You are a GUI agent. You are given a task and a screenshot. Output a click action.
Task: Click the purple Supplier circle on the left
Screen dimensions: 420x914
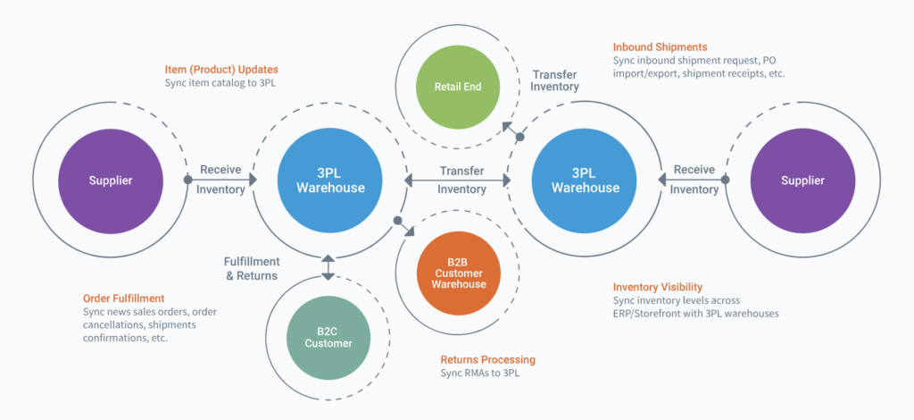(110, 181)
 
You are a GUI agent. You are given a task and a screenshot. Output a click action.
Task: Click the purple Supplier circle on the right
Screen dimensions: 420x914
(802, 181)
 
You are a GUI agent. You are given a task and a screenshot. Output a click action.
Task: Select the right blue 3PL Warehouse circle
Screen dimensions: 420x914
(585, 181)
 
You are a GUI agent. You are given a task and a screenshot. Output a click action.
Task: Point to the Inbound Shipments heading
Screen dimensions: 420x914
(660, 46)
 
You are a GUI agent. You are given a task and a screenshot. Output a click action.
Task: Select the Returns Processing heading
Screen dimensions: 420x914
(487, 359)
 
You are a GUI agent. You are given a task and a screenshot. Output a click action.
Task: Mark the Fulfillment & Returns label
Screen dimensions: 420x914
(252, 268)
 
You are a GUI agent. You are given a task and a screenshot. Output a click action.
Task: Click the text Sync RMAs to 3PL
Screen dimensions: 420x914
(480, 374)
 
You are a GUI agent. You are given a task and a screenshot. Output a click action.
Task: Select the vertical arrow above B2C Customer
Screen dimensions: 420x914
(328, 266)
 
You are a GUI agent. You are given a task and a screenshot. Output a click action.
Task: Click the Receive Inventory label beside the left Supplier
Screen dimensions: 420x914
(220, 180)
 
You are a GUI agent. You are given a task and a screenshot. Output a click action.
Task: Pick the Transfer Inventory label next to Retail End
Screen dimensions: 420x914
(555, 80)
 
